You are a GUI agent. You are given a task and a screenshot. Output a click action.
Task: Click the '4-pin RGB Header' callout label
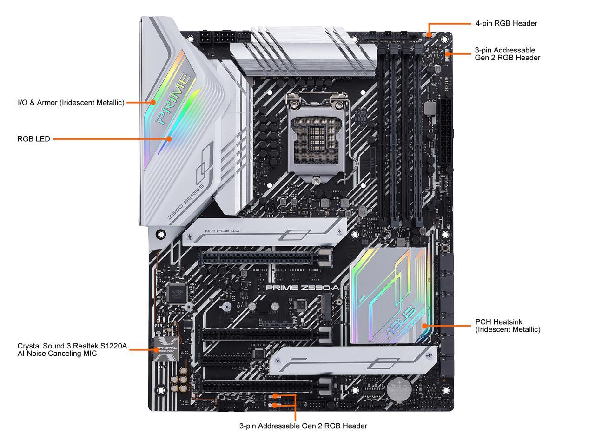click(506, 23)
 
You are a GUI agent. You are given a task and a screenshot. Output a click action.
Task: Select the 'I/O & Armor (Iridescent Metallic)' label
click(71, 103)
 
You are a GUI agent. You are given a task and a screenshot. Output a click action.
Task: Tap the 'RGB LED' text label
click(33, 138)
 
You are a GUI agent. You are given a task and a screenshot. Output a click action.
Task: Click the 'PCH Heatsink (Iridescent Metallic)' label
click(508, 326)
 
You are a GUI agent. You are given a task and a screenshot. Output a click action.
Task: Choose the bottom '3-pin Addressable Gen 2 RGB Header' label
click(303, 426)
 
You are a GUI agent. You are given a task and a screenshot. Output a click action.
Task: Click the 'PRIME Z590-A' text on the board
click(303, 288)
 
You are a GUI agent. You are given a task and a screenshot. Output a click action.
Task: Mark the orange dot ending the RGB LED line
click(169, 138)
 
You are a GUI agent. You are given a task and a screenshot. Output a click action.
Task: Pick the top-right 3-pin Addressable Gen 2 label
click(507, 54)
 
